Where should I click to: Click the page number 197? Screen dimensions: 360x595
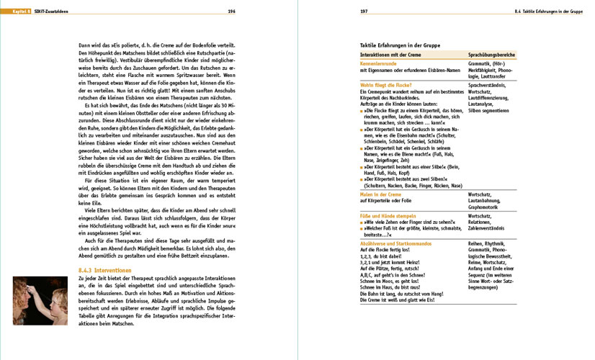coord(364,11)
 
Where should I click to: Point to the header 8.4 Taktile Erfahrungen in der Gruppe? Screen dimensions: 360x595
coord(542,11)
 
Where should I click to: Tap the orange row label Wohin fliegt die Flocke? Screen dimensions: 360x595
coord(388,85)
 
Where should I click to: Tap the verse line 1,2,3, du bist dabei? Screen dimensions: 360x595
coord(383,256)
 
